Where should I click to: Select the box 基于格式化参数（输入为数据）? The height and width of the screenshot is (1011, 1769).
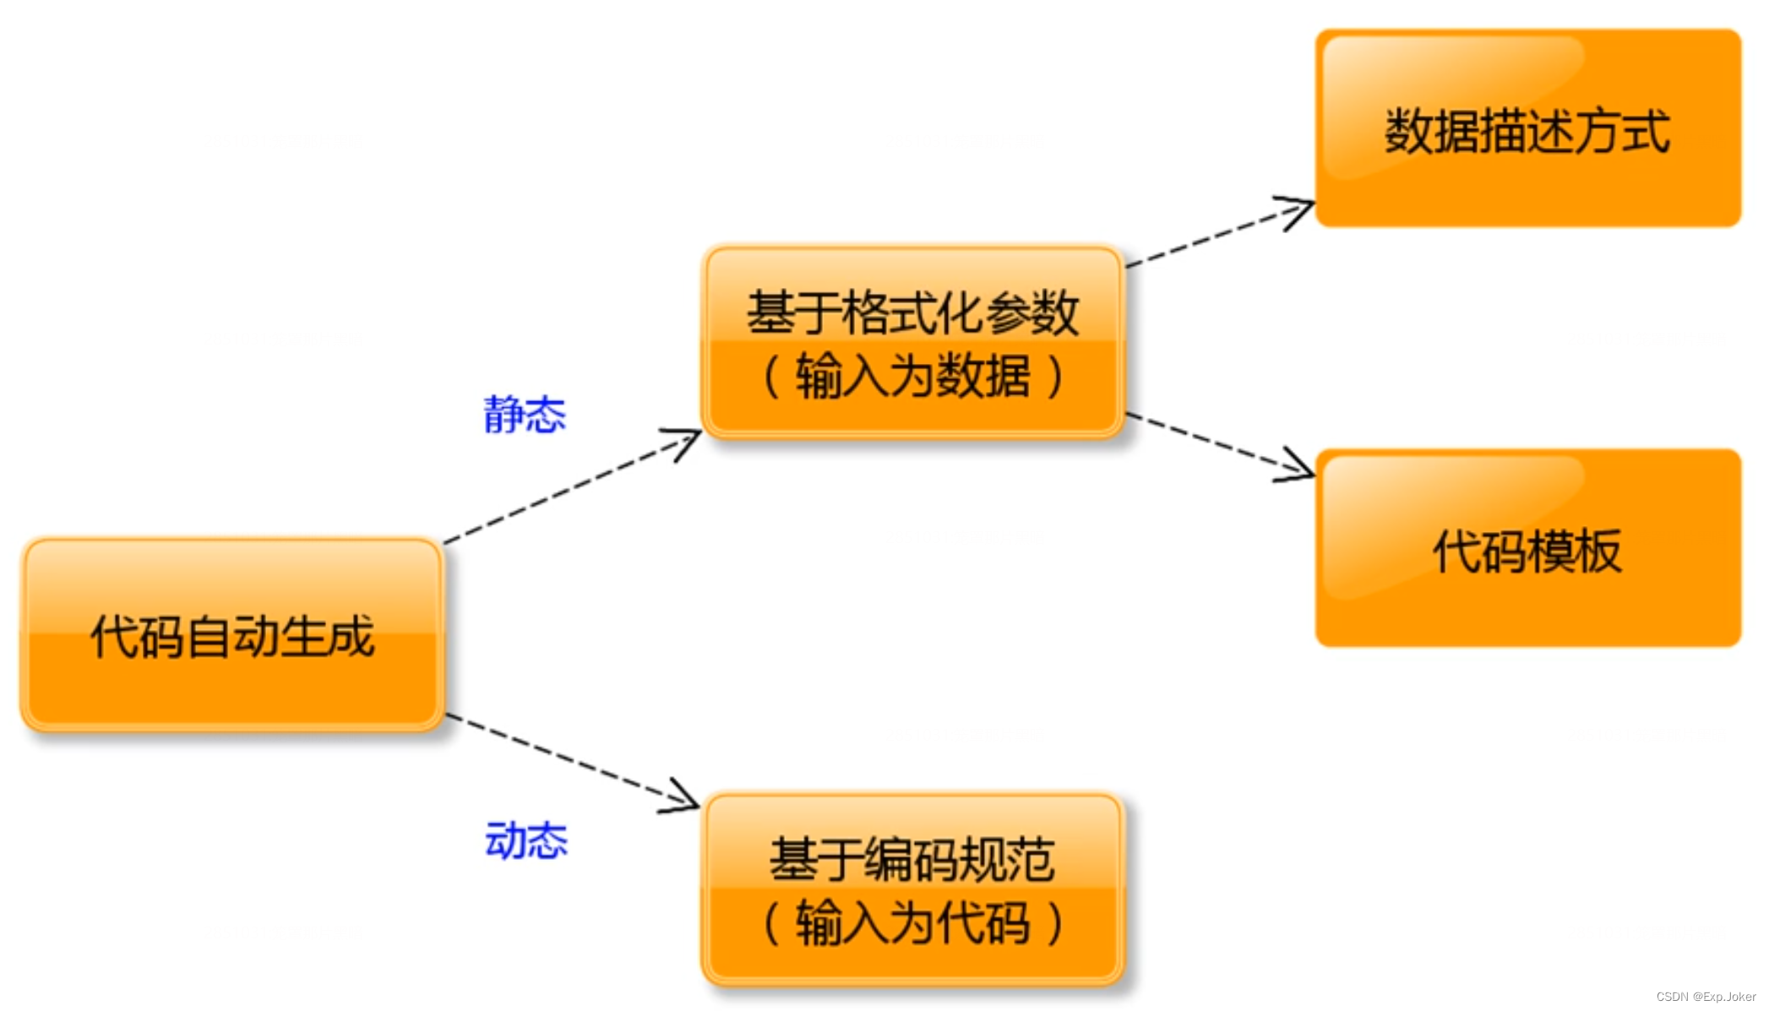pyautogui.click(x=912, y=342)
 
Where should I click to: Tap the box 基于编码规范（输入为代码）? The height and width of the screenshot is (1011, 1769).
pyautogui.click(x=912, y=889)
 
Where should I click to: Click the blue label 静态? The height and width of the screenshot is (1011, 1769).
pyautogui.click(x=525, y=415)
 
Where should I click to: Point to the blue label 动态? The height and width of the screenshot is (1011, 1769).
pyautogui.click(x=526, y=840)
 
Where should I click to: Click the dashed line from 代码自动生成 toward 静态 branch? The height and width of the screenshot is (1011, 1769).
pyautogui.click(x=558, y=492)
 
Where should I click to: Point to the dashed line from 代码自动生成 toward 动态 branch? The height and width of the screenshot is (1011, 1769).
pyautogui.click(x=558, y=756)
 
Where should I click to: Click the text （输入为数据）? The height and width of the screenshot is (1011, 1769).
pyautogui.click(x=912, y=377)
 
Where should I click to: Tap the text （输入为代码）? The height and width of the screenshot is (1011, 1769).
pyautogui.click(x=912, y=923)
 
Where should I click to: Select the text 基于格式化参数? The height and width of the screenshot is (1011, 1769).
pyautogui.click(x=912, y=313)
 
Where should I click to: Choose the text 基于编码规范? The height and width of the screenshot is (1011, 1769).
pyautogui.click(x=912, y=860)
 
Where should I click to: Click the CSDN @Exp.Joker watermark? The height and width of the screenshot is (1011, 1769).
pyautogui.click(x=1706, y=997)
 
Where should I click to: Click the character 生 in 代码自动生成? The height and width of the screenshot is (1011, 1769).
pyautogui.click(x=303, y=636)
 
